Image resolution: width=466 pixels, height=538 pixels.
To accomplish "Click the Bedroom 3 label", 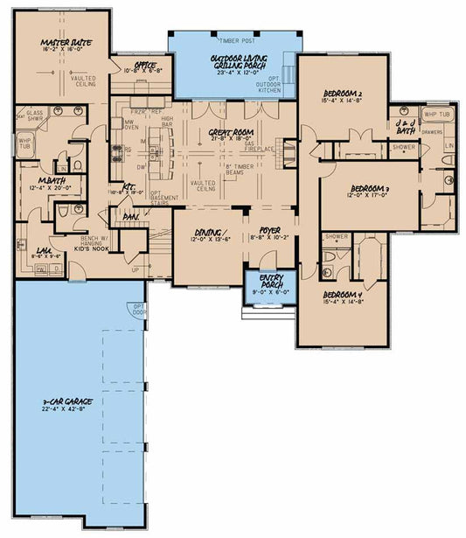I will pyautogui.click(x=369, y=190).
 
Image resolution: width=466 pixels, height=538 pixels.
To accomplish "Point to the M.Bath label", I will pyautogui.click(x=43, y=183).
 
